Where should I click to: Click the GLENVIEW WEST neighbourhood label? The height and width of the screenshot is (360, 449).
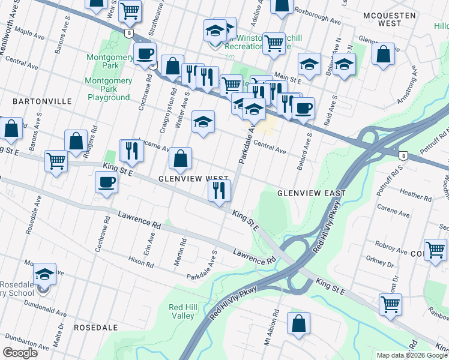(193, 179)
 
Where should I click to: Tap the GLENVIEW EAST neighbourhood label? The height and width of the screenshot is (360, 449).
(311, 193)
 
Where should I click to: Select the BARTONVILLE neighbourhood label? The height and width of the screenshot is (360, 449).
(29, 101)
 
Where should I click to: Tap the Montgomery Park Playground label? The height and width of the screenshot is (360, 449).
(109, 89)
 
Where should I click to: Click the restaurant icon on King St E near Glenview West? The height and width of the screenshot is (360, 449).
(219, 191)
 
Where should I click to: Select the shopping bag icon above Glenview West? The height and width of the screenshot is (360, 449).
(180, 159)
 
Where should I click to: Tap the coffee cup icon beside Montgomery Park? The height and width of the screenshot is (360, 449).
(145, 54)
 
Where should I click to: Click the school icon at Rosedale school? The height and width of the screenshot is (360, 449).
(44, 274)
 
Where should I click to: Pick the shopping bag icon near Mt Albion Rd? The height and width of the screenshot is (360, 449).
(298, 323)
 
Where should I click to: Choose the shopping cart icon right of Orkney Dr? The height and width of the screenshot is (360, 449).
(435, 249)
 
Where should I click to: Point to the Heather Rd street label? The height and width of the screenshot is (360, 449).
(411, 194)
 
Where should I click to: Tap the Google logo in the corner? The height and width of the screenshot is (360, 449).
(20, 353)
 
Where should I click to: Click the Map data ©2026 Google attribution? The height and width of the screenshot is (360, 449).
(411, 355)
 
